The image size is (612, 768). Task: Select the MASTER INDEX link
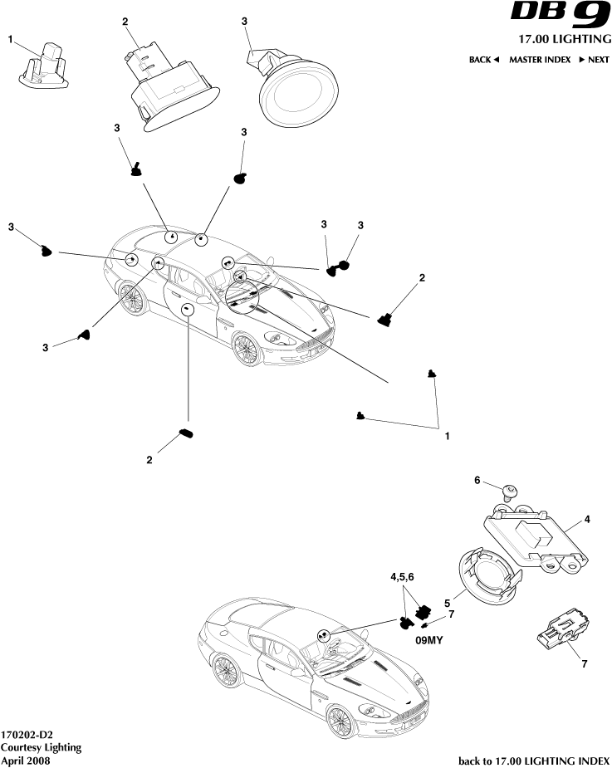pos(540,60)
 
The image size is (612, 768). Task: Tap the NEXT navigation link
pos(595,60)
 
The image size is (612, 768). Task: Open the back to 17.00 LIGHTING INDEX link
pos(534,760)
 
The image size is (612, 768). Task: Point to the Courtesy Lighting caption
pos(41,747)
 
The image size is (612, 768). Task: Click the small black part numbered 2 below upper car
pos(186,433)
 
